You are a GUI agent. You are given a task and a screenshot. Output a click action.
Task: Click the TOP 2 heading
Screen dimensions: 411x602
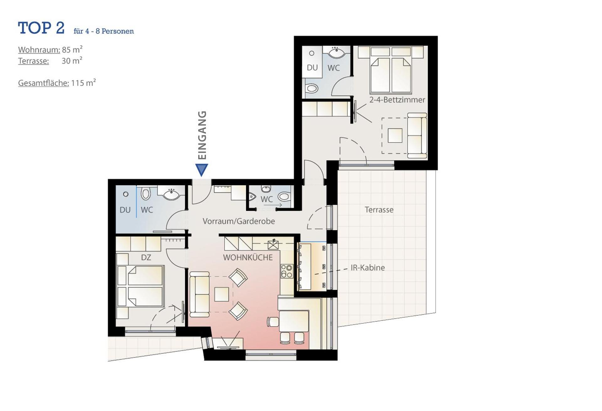click(x=41, y=28)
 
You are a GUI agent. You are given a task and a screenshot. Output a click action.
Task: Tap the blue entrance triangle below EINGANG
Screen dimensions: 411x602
click(x=202, y=169)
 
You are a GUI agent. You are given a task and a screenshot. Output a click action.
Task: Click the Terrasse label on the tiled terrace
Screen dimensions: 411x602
click(x=379, y=210)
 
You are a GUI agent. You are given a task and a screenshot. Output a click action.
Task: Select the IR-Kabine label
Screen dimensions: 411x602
click(x=367, y=268)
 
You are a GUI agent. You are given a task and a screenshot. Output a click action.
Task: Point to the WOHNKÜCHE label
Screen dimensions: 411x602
click(x=248, y=258)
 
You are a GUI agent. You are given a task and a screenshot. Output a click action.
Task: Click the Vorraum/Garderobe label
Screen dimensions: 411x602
click(x=239, y=221)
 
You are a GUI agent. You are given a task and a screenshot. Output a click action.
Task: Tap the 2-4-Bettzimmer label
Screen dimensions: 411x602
click(x=397, y=100)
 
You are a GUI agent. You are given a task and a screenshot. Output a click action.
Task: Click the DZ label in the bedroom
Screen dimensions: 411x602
click(x=146, y=258)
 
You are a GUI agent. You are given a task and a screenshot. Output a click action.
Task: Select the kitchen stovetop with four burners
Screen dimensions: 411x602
click(x=287, y=271)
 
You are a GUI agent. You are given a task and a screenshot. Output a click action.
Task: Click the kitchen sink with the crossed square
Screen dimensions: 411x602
click(x=273, y=245)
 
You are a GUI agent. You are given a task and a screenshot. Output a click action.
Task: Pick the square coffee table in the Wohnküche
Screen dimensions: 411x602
click(x=221, y=294)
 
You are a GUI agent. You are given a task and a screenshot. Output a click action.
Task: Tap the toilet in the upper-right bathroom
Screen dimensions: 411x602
click(x=312, y=88)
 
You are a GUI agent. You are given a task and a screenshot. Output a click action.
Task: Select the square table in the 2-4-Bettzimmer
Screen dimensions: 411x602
click(x=395, y=135)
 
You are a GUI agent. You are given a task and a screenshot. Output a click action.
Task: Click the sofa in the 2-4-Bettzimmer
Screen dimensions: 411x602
click(x=417, y=135)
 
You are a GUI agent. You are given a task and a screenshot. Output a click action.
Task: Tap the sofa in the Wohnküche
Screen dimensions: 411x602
click(x=200, y=294)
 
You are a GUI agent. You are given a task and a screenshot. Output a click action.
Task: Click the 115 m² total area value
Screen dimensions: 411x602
click(x=83, y=83)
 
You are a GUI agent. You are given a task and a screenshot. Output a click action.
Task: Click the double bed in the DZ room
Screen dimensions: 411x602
click(x=140, y=286)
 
